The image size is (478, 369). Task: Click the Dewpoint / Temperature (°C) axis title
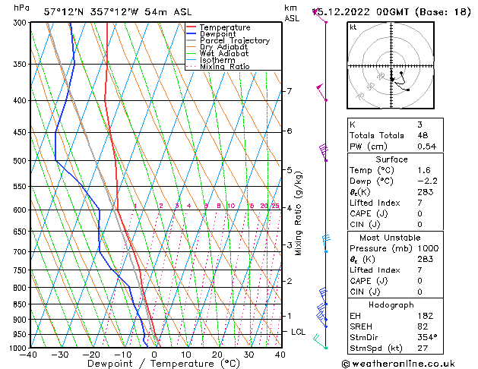(154, 364)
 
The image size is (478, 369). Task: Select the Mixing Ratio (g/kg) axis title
(299, 213)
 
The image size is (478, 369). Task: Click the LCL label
(299, 332)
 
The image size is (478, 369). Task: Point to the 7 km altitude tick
(289, 91)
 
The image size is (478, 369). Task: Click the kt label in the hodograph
(353, 27)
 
